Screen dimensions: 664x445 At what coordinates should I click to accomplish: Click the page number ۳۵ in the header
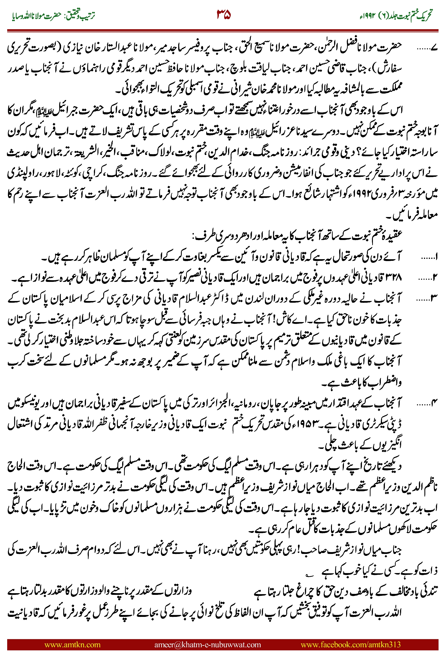click(224, 14)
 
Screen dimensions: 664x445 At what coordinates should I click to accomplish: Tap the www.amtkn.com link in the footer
click(72, 644)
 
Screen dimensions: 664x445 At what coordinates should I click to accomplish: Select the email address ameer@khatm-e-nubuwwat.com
click(207, 644)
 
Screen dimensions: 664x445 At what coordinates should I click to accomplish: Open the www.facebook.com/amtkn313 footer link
click(350, 644)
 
